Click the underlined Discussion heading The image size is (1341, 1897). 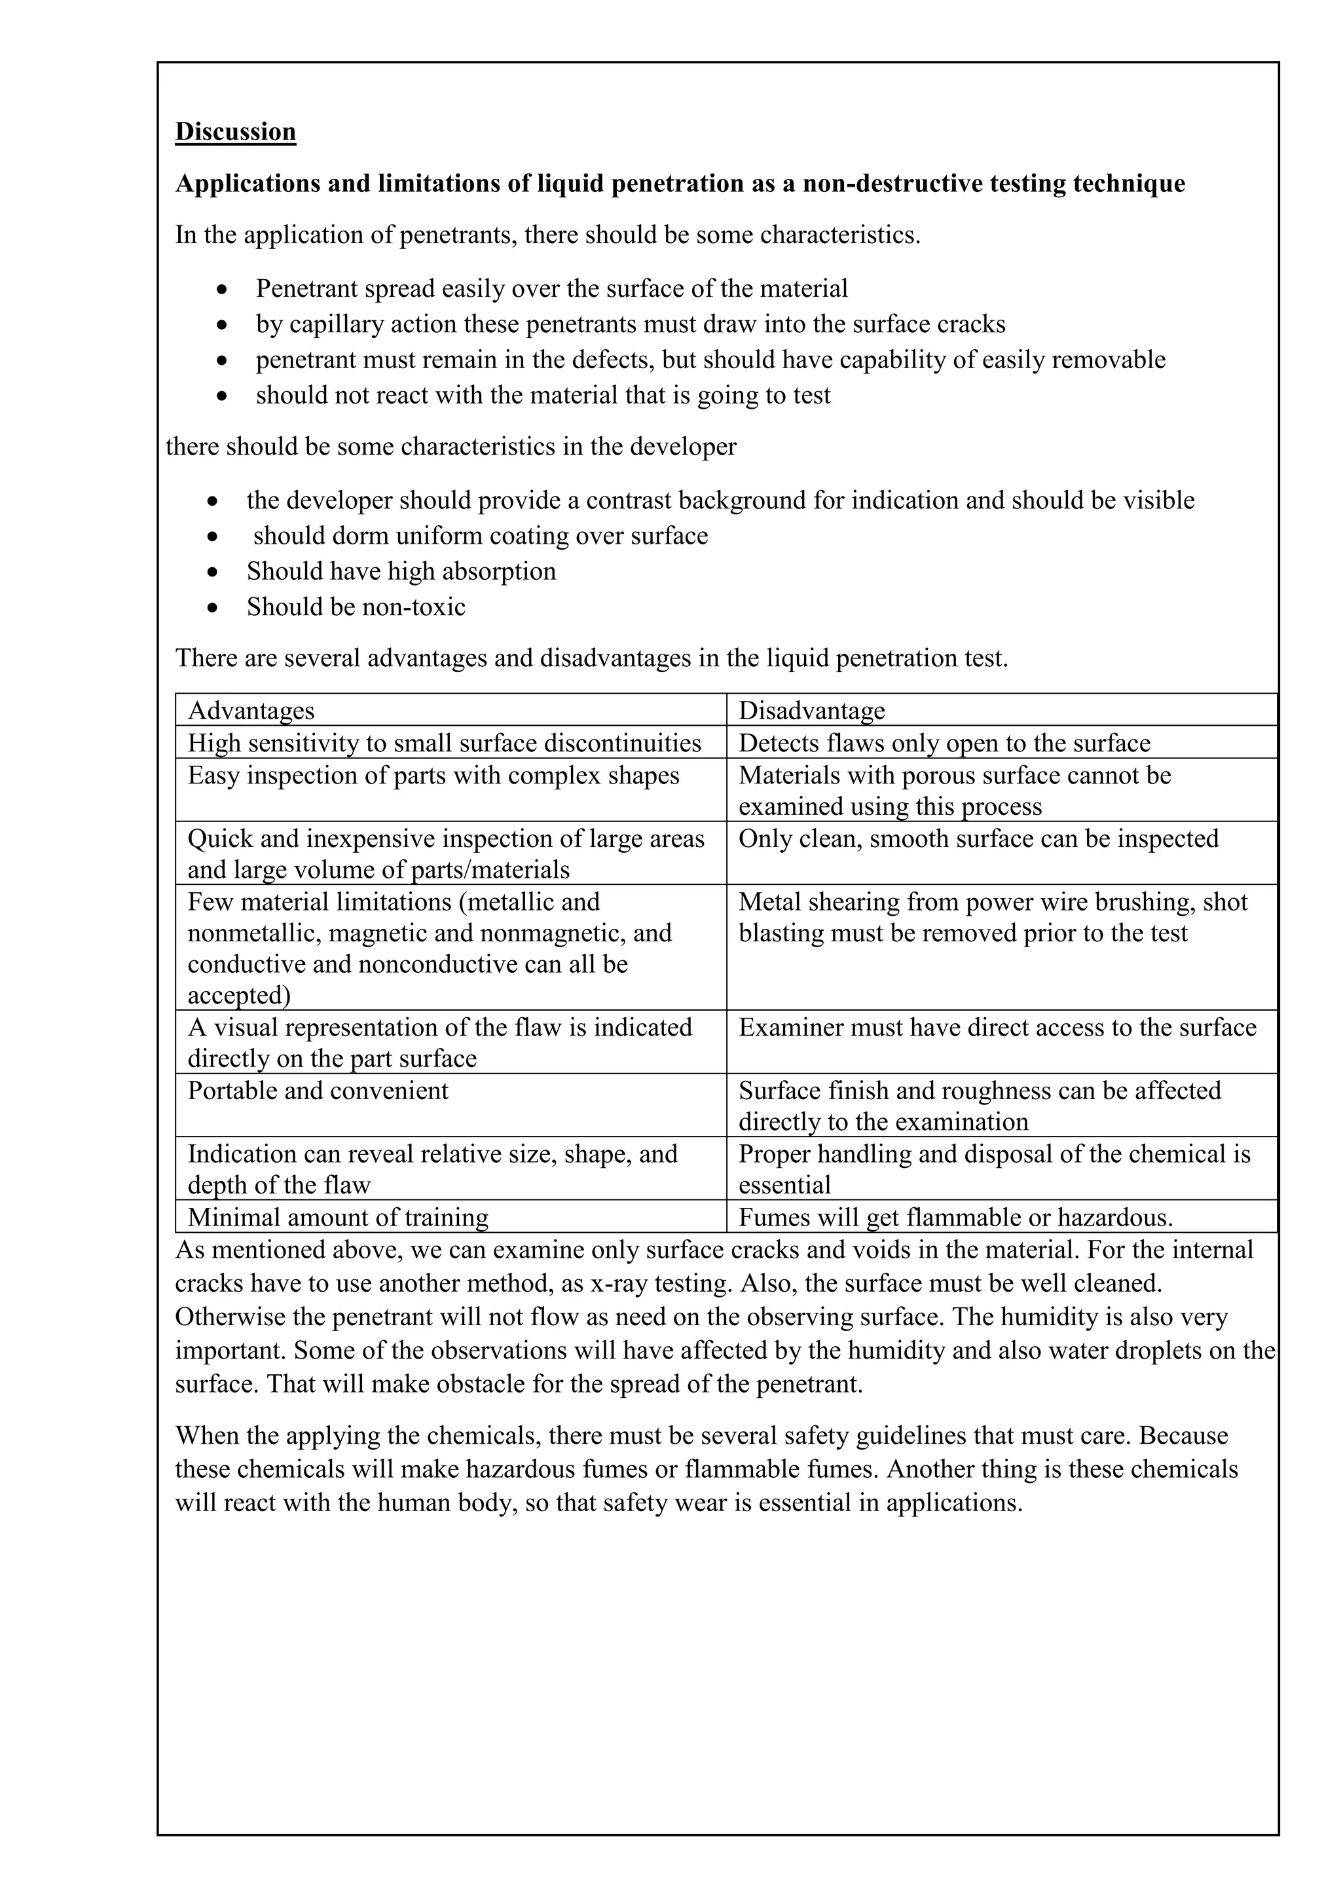(235, 132)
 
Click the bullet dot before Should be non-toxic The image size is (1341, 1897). (214, 607)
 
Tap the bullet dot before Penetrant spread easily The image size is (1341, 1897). (221, 289)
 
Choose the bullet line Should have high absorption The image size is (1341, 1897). (401, 572)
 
